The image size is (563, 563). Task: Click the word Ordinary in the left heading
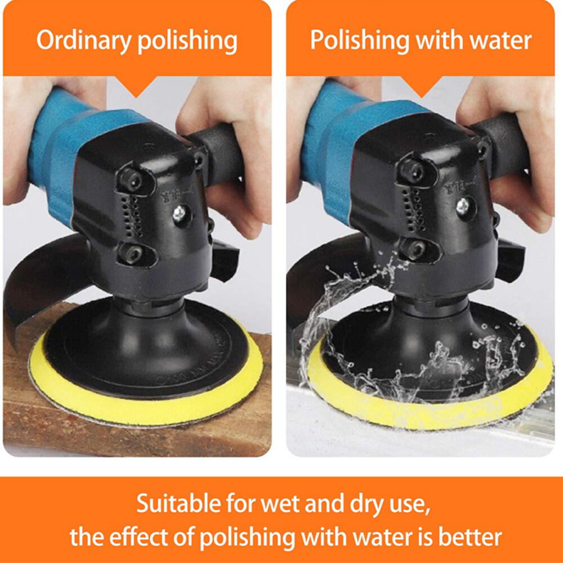[83, 41]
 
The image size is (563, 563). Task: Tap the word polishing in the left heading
[187, 41]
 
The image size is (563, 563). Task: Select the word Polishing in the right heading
[359, 40]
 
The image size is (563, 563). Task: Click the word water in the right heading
[501, 40]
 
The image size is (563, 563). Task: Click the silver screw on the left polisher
[179, 214]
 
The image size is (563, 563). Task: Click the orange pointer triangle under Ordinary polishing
[136, 86]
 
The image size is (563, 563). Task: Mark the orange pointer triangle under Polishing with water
[421, 86]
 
